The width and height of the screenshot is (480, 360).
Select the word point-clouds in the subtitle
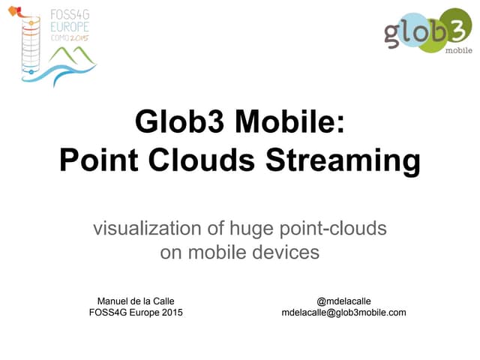click(x=337, y=228)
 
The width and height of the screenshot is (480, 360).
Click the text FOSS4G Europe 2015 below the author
click(x=136, y=312)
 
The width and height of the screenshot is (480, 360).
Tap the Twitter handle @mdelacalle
click(x=344, y=301)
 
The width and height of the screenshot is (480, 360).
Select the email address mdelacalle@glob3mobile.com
click(x=343, y=312)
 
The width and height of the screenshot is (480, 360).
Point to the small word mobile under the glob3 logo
click(x=458, y=51)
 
